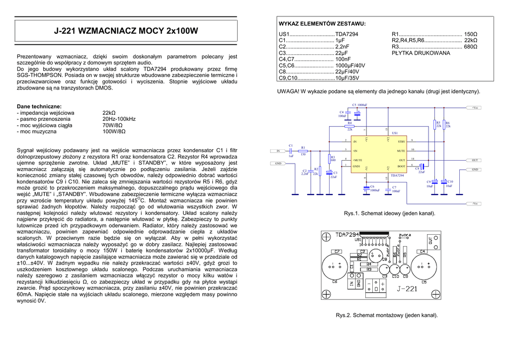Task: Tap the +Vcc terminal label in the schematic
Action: tap(475, 107)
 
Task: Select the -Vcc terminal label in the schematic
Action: tap(475, 203)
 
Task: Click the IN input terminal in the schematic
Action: tap(278, 151)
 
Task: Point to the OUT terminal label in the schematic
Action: tap(475, 160)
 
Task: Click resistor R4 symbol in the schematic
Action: tap(349, 126)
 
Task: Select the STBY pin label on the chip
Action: tap(401, 142)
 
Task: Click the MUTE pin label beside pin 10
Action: tap(401, 150)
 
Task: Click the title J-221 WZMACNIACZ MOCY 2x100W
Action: tap(126, 31)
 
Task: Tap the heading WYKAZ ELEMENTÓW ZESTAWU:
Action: tap(322, 23)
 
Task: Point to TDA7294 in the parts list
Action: tap(346, 34)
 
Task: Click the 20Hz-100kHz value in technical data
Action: tap(119, 119)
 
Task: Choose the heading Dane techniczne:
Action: tap(39, 106)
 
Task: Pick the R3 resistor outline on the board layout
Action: tap(369, 270)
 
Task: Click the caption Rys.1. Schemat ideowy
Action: tap(389, 213)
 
